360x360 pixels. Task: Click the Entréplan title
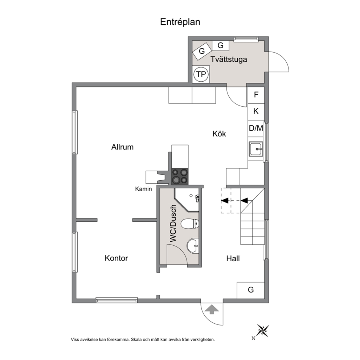(180, 22)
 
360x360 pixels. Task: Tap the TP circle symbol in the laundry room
(201, 74)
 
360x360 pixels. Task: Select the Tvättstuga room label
(229, 59)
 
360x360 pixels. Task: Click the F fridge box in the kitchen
(256, 95)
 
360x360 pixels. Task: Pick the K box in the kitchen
(256, 111)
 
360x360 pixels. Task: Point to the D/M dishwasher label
(256, 128)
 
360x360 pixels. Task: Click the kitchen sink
(256, 149)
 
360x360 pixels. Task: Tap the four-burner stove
(180, 176)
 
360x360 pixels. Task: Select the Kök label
(219, 134)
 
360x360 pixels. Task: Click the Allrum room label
(122, 147)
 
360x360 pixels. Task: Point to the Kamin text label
(143, 189)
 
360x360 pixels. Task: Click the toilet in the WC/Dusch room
(190, 224)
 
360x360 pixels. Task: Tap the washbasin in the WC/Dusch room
(193, 246)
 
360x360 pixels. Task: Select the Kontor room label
(116, 258)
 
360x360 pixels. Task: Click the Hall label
(233, 258)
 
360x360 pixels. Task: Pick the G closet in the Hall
(251, 290)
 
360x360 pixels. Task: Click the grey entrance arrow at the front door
(212, 309)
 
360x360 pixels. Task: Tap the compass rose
(263, 331)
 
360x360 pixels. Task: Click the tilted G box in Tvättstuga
(202, 51)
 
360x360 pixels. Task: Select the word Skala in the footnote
(136, 340)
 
